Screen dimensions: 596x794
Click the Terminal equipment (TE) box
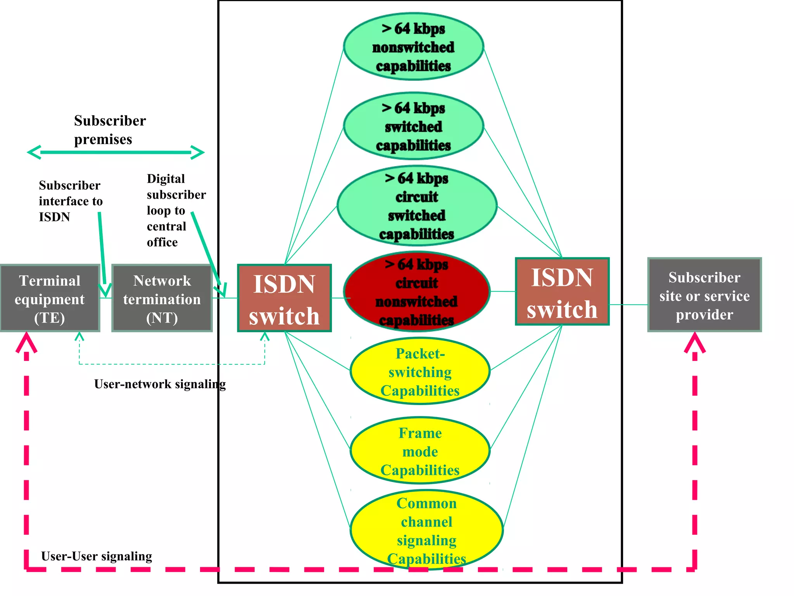click(x=50, y=298)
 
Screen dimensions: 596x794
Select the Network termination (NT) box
click(x=162, y=298)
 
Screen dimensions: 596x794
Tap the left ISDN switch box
click(x=284, y=298)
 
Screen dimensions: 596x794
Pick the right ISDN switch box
click(x=562, y=291)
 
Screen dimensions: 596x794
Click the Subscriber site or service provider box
click(x=704, y=295)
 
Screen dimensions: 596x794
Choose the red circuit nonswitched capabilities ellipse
click(x=417, y=292)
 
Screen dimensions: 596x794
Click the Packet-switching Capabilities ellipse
click(x=420, y=371)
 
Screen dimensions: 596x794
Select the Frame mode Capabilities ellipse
click(x=420, y=451)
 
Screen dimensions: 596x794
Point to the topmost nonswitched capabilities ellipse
click(x=413, y=47)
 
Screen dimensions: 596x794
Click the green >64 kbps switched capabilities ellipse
click(x=413, y=126)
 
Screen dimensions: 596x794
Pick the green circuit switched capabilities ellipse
click(x=417, y=206)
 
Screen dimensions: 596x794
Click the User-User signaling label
click(x=97, y=556)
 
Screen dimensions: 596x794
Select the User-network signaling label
click(x=160, y=384)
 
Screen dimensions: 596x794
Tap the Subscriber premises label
click(x=110, y=130)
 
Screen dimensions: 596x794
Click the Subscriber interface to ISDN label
click(x=70, y=201)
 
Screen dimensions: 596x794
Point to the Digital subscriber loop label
click(x=176, y=210)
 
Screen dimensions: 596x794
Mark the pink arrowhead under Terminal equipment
click(x=26, y=342)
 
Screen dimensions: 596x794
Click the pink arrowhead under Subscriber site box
click(x=695, y=342)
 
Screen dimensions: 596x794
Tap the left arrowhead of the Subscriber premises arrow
click(x=34, y=152)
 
